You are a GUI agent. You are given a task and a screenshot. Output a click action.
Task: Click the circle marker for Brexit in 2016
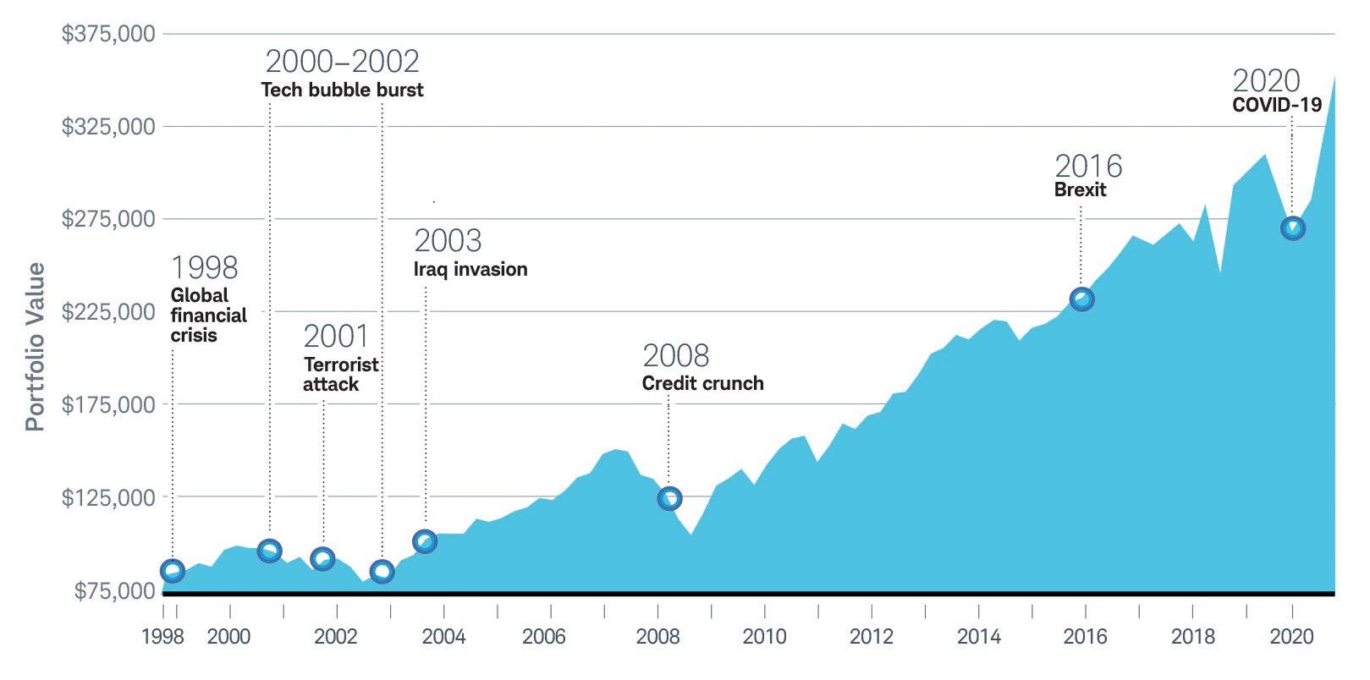pos(1081,299)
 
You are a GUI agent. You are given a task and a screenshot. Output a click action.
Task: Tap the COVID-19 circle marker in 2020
pos(1292,228)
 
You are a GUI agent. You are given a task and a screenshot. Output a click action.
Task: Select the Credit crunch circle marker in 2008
pos(669,498)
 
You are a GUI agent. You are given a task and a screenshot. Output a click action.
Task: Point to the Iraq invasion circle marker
pos(425,541)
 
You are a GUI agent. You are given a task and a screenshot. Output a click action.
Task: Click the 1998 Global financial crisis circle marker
pos(173,571)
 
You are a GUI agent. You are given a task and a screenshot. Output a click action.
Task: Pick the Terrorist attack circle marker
pos(322,558)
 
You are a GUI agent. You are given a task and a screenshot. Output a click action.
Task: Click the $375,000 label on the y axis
pos(108,34)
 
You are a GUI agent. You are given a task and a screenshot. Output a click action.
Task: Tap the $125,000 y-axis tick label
pos(108,497)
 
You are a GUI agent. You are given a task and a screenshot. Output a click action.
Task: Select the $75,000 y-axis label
pos(114,590)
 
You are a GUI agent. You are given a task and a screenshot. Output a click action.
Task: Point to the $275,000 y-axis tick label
pos(108,219)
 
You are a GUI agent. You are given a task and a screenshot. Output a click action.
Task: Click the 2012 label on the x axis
pos(872,637)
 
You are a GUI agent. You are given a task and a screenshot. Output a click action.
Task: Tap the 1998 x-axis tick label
pos(162,637)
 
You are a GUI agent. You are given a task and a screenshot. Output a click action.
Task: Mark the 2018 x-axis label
pos(1192,637)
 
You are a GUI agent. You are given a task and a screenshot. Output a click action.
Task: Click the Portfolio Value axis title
pos(35,347)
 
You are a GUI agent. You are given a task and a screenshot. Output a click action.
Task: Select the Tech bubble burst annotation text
pos(342,90)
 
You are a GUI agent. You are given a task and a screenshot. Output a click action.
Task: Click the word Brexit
pos(1080,189)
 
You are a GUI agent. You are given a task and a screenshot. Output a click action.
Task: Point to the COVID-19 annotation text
pos(1277,105)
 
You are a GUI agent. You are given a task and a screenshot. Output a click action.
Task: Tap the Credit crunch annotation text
pos(702,383)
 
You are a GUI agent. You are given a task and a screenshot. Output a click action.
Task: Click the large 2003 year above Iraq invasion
pos(448,242)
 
